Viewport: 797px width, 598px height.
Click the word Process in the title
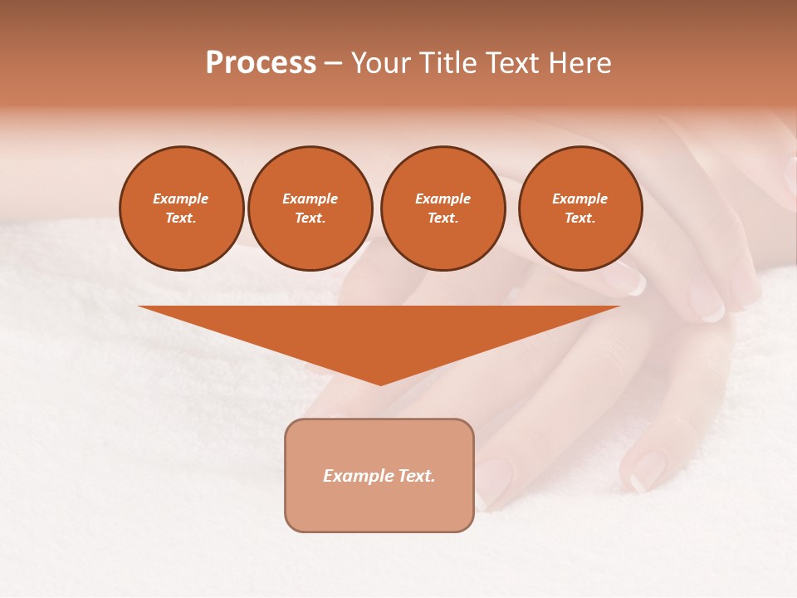pyautogui.click(x=261, y=63)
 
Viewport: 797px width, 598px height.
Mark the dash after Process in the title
pyautogui.click(x=334, y=64)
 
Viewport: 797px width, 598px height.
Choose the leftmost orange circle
pyautogui.click(x=182, y=208)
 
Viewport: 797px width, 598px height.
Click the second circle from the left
pyautogui.click(x=310, y=208)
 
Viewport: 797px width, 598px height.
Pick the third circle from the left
pyautogui.click(x=443, y=208)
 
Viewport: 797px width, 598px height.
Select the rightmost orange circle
pyautogui.click(x=579, y=208)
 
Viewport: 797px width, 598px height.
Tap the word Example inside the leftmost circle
pyautogui.click(x=181, y=199)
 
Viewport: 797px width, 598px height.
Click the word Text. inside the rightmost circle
pyautogui.click(x=579, y=218)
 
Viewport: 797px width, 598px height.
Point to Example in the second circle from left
pyautogui.click(x=310, y=199)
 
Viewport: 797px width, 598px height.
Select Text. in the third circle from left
pyautogui.click(x=443, y=218)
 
